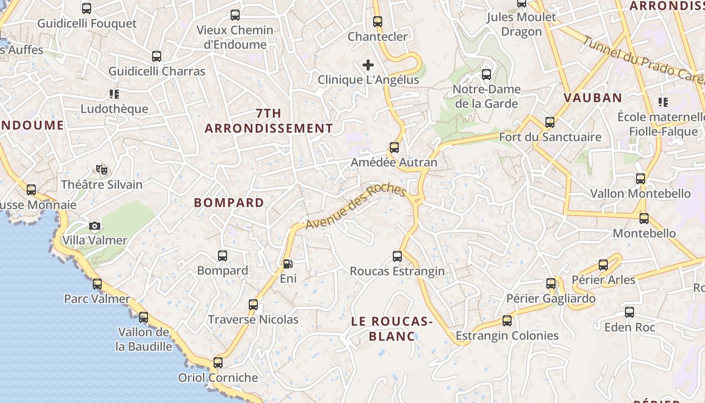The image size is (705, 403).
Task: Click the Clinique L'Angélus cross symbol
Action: [368, 65]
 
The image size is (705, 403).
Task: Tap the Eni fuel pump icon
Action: [288, 263]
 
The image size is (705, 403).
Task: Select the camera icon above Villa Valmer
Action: [95, 226]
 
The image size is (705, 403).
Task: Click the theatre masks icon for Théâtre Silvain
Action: [102, 170]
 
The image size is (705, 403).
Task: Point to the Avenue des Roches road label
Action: [356, 207]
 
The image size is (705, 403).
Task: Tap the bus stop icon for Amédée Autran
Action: [394, 148]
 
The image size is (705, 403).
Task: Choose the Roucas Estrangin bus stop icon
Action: [397, 256]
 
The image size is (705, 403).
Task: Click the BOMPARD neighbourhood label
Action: [229, 203]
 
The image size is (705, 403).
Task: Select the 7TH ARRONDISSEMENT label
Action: [268, 121]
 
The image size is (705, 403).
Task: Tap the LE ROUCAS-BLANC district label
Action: [392, 328]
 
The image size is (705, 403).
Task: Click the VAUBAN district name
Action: [593, 98]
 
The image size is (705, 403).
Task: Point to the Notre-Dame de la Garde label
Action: [486, 96]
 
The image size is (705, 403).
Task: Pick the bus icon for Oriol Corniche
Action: [218, 363]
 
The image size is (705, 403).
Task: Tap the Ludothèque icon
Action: [114, 94]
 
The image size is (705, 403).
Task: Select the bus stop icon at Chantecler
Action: [378, 22]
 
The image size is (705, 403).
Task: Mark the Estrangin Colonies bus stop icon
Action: [507, 321]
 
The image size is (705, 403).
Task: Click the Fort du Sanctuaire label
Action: [550, 137]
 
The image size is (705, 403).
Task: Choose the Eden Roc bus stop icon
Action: [629, 312]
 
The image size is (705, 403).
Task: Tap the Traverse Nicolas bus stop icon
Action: [253, 305]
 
